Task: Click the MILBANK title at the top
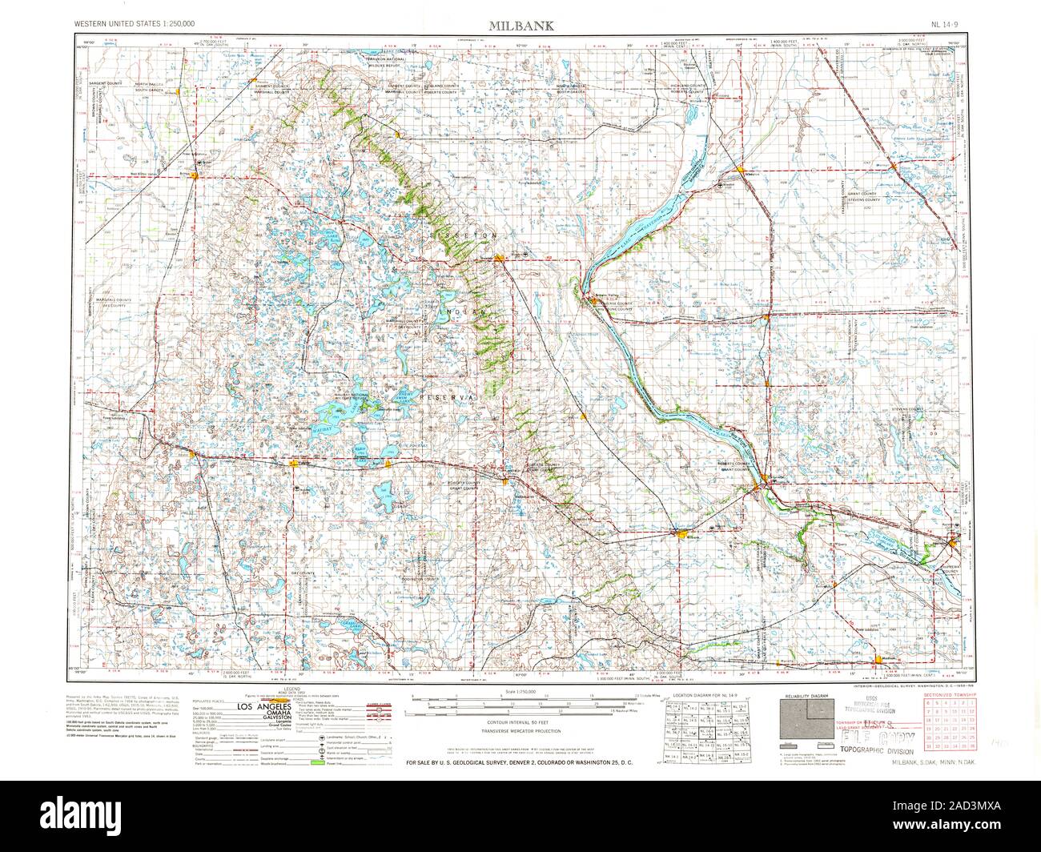(520, 26)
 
